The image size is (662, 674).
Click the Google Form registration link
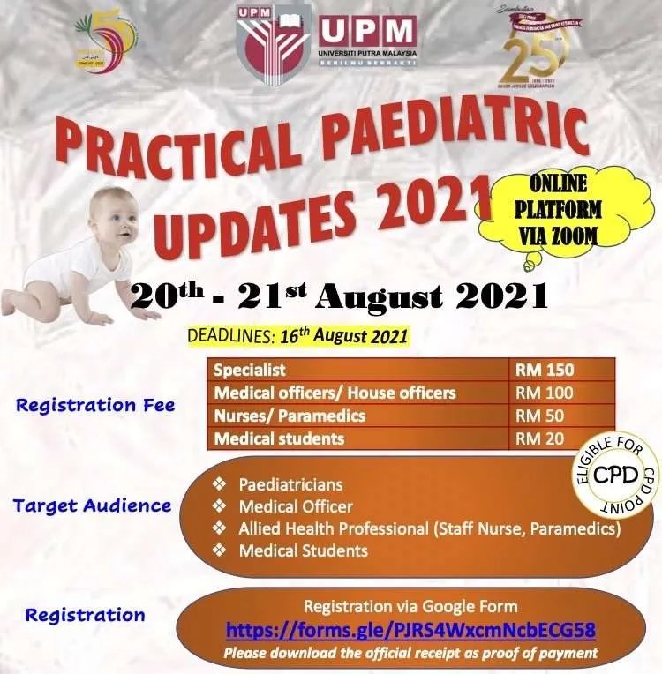(410, 630)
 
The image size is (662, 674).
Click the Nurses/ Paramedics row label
(290, 415)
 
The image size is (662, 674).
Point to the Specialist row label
(250, 370)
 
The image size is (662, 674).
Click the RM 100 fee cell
(544, 393)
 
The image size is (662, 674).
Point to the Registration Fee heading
(95, 405)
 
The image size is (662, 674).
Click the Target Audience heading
(92, 505)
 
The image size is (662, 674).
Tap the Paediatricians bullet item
(290, 484)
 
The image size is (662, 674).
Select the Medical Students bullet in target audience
(303, 550)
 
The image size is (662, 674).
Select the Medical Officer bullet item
(296, 506)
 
